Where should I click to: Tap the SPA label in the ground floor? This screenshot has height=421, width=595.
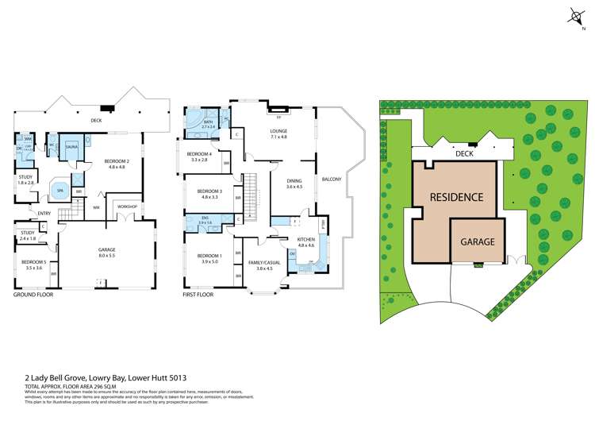[x=59, y=191]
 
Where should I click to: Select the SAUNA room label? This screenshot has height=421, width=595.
[x=71, y=147]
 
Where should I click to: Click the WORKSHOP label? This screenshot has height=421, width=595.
[x=128, y=206]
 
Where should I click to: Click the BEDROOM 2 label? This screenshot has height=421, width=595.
[x=117, y=162]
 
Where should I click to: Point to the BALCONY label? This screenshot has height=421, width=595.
[x=332, y=179]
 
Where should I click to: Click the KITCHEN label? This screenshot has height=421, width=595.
[x=306, y=239]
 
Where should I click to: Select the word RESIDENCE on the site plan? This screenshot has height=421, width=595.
[x=456, y=196]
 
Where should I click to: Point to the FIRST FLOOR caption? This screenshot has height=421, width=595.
[x=199, y=295]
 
